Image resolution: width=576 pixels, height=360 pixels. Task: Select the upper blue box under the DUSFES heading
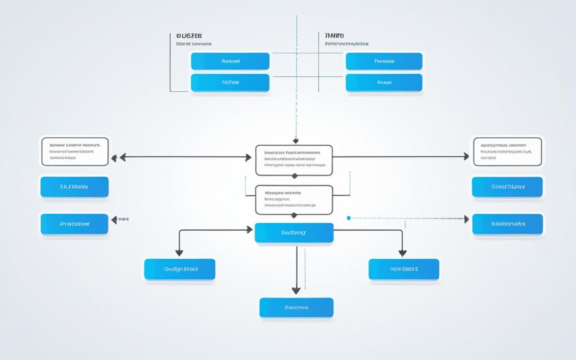click(230, 61)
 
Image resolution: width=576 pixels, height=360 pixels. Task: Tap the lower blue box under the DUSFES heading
click(230, 82)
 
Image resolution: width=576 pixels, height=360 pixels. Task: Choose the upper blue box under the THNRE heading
click(384, 61)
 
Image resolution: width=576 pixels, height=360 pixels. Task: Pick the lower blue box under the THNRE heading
click(384, 82)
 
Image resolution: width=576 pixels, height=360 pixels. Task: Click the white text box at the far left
click(75, 151)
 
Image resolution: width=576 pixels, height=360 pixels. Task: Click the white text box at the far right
click(507, 151)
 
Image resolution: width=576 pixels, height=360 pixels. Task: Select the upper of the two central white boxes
click(294, 160)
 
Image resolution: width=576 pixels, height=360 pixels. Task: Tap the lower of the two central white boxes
click(294, 199)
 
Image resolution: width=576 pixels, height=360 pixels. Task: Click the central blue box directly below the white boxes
click(294, 232)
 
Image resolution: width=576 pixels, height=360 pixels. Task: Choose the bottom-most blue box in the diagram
click(296, 308)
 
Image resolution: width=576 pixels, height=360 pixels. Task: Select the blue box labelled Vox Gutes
click(404, 269)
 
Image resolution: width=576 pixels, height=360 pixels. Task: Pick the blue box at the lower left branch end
click(179, 269)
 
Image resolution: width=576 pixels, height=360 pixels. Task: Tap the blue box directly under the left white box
click(75, 186)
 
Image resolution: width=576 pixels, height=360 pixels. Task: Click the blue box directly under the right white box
click(507, 186)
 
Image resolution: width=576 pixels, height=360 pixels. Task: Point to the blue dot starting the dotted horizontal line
click(349, 217)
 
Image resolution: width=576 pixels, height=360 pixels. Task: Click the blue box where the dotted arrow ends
click(507, 223)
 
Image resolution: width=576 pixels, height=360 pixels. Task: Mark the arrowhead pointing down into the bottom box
click(296, 291)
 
